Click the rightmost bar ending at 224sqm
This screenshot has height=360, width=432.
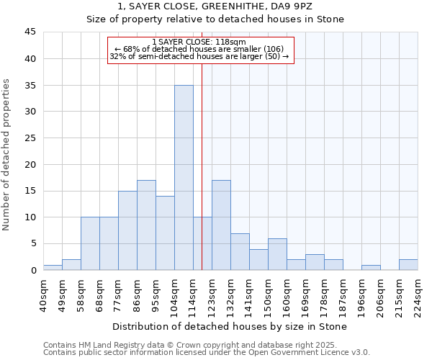(x=408, y=265)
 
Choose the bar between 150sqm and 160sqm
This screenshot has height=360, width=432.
(x=277, y=254)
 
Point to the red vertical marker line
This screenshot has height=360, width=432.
(x=202, y=166)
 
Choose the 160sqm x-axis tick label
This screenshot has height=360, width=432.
(x=287, y=294)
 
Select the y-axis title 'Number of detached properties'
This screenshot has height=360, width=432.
(x=8, y=155)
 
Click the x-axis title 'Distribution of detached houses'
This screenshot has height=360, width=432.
(x=230, y=326)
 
